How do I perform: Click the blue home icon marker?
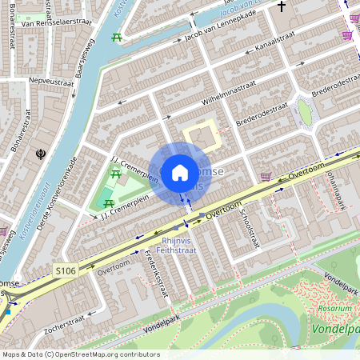point(180,173)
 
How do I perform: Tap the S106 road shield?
point(66,272)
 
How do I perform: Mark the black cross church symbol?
point(281,7)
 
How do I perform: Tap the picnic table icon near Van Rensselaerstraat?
point(117,38)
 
